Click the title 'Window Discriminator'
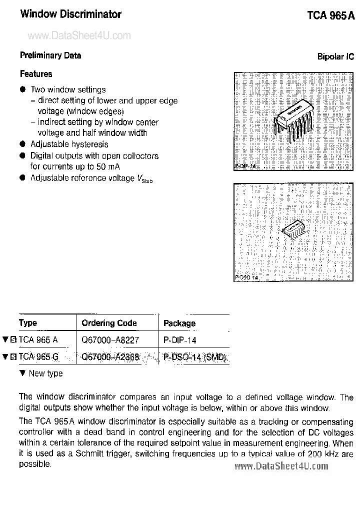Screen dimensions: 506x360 coord(70,14)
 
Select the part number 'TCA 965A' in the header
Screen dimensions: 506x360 coord(330,15)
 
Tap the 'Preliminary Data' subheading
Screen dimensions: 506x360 coord(50,55)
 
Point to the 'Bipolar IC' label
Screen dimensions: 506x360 coord(335,56)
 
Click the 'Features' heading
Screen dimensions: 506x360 coord(36,74)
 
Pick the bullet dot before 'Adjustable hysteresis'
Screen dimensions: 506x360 coord(22,144)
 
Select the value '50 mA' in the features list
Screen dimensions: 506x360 coord(108,166)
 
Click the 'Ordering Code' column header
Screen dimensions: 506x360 coord(109,323)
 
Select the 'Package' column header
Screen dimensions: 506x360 coord(179,323)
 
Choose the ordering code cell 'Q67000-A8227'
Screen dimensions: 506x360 coord(110,340)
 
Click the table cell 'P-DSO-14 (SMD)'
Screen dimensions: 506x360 coord(195,357)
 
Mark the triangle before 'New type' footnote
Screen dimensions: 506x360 coord(22,373)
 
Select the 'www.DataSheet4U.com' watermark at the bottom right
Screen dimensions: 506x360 coord(281,466)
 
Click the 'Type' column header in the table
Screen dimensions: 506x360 coord(28,323)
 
